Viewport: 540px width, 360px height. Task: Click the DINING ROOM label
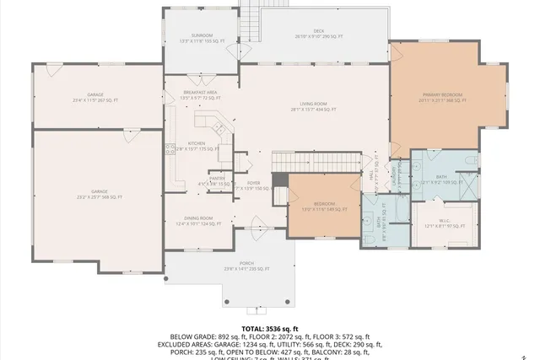198,221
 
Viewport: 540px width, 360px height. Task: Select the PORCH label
246,266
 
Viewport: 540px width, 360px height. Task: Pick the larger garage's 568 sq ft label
100,195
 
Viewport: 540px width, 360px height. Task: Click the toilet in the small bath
372,237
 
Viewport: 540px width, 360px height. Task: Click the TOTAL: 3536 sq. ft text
269,328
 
